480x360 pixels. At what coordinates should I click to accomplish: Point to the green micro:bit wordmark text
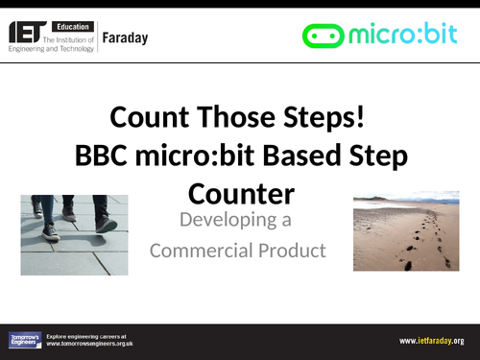pyautogui.click(x=403, y=36)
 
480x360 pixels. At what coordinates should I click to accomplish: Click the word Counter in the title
pyautogui.click(x=240, y=193)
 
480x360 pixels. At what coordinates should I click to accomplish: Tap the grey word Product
pyautogui.click(x=292, y=252)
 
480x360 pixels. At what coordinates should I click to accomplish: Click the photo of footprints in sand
pyautogui.click(x=406, y=230)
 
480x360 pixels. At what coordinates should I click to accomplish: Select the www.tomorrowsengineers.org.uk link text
pyautogui.click(x=90, y=343)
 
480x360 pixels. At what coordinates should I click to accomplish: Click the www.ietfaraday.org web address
pyautogui.click(x=431, y=341)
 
